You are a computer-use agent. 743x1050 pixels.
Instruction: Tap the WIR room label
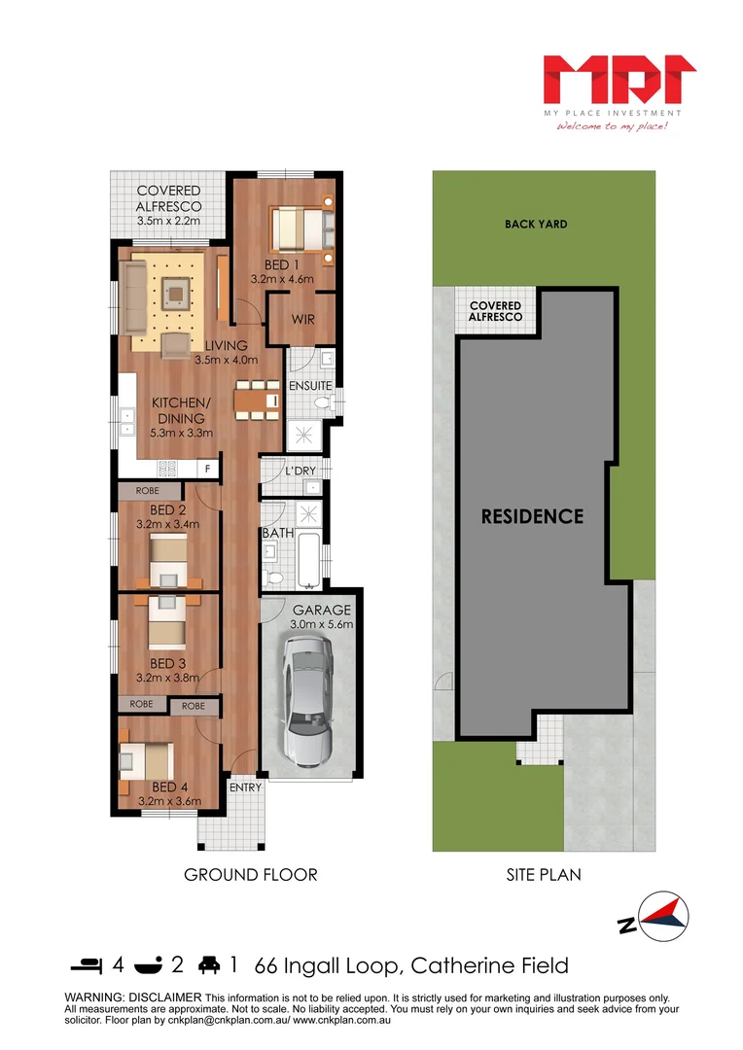[301, 319]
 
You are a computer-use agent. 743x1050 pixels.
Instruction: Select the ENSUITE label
[311, 386]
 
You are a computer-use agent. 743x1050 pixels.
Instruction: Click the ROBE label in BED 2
[147, 491]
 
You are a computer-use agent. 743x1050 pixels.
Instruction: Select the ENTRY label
[245, 787]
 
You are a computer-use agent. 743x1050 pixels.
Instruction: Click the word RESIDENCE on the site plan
[533, 516]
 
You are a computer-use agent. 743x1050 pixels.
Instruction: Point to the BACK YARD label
[536, 224]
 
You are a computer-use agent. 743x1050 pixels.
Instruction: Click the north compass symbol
[663, 916]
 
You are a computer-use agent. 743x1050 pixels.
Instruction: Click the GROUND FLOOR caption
[251, 875]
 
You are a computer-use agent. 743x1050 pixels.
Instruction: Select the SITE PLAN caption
[544, 875]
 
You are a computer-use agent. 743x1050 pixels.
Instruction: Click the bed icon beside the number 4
[86, 965]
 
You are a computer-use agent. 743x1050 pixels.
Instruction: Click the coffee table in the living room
[176, 290]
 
